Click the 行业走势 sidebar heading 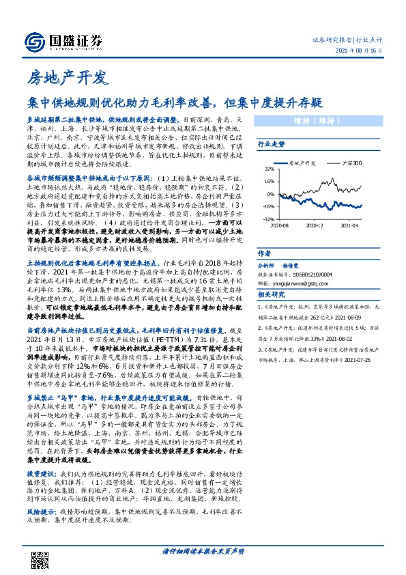(271, 145)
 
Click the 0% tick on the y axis (268, 194)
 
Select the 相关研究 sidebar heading (271, 294)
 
